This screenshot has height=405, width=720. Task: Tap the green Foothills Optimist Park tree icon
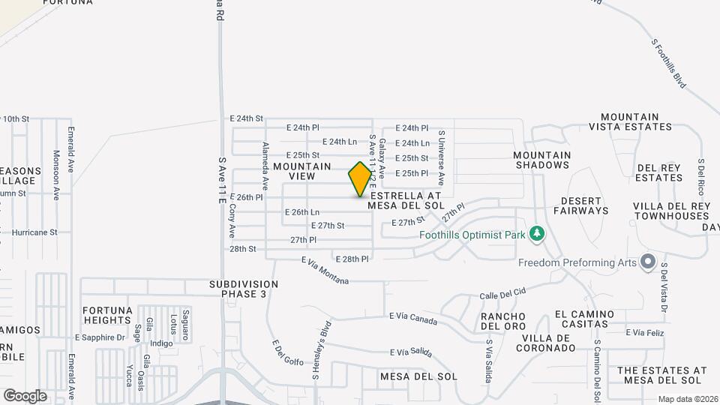536,234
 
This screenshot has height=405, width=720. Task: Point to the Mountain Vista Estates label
629,122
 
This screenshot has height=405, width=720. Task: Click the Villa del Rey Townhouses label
671,211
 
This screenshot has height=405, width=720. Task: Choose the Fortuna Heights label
107,315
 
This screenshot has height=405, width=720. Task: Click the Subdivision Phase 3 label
244,289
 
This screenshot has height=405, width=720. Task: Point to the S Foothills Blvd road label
668,64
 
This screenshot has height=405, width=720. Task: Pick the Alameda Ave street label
265,165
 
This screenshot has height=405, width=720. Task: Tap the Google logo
25,395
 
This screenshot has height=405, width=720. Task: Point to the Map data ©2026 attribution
688,399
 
